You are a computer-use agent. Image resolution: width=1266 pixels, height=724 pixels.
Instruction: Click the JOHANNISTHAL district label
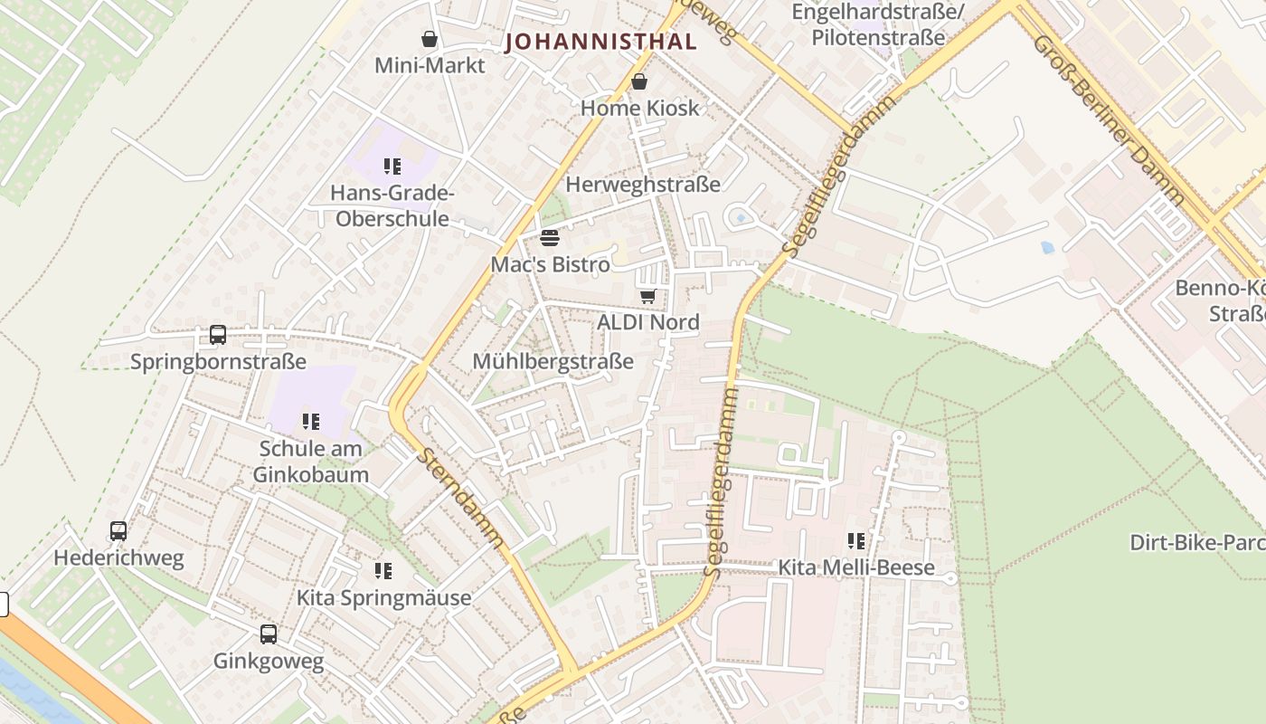click(x=600, y=42)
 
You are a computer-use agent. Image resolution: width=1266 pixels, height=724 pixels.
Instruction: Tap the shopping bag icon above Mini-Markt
click(x=430, y=39)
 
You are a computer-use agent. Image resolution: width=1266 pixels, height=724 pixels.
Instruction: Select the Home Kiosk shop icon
click(x=639, y=82)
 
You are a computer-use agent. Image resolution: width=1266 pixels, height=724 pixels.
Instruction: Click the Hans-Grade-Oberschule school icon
click(x=392, y=166)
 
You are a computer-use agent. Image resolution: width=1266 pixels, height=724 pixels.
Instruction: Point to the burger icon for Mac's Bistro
click(x=550, y=238)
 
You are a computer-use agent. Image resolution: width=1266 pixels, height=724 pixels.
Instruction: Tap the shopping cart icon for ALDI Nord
click(x=647, y=296)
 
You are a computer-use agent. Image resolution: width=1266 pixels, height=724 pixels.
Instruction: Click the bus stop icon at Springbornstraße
click(x=218, y=335)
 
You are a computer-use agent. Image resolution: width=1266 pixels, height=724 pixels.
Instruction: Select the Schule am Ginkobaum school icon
click(x=311, y=422)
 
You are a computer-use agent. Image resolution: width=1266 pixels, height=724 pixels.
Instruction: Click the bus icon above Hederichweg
click(x=118, y=531)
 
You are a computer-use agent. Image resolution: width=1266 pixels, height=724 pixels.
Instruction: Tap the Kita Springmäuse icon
click(x=383, y=571)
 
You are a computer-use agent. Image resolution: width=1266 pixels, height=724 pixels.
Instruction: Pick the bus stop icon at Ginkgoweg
click(x=269, y=634)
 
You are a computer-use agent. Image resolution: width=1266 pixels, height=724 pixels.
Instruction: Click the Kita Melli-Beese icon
click(x=856, y=541)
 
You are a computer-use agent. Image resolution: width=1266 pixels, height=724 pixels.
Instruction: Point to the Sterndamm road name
click(x=460, y=497)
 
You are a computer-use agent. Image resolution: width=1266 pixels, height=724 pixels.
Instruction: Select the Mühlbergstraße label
click(x=553, y=362)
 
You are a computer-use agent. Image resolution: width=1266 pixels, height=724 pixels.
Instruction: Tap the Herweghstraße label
click(x=643, y=185)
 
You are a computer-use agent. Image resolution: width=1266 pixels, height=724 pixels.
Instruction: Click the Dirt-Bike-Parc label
click(x=1196, y=543)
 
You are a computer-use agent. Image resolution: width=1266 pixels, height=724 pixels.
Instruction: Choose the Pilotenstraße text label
click(x=878, y=38)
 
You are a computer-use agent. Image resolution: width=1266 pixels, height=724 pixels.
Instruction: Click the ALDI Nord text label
click(x=648, y=322)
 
